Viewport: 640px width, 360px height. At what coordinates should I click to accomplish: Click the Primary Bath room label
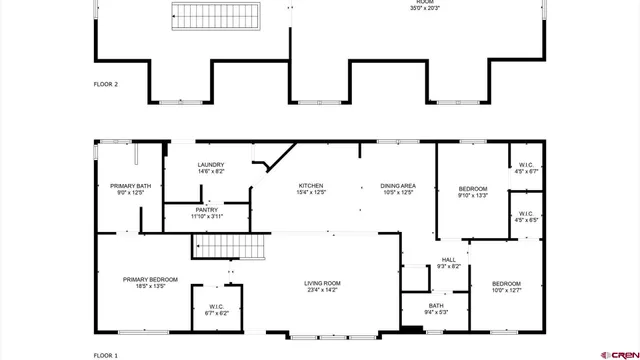point(130,189)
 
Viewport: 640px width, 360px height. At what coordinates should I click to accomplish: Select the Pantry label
point(207,213)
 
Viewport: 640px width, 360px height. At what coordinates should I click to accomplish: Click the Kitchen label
point(311,189)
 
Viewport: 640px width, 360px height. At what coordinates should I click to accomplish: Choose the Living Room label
point(322,287)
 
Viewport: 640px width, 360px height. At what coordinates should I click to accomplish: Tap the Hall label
point(448,262)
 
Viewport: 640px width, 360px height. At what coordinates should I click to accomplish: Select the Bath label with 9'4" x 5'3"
point(436,309)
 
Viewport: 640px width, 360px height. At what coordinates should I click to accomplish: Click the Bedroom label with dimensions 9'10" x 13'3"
point(473,192)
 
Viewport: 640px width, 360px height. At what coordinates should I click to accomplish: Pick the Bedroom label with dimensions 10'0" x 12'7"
point(506,288)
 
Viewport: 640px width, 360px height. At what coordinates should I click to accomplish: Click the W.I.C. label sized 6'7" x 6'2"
point(218,310)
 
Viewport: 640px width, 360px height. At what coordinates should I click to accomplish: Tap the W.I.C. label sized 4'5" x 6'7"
point(526,168)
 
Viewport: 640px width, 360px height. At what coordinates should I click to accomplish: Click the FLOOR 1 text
point(106,355)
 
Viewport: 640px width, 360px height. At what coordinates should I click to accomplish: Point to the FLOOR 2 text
point(106,85)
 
